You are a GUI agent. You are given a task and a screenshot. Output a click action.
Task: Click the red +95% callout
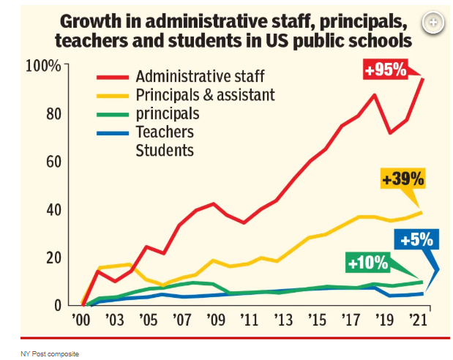[386, 70]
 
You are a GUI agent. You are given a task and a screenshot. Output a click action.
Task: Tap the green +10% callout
[368, 262]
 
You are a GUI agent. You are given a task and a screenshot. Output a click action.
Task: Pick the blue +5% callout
[416, 239]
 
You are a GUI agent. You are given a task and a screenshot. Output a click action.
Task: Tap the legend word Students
[165, 151]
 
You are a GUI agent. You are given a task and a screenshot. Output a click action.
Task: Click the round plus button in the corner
[433, 23]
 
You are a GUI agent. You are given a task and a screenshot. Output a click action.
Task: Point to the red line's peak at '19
[375, 94]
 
